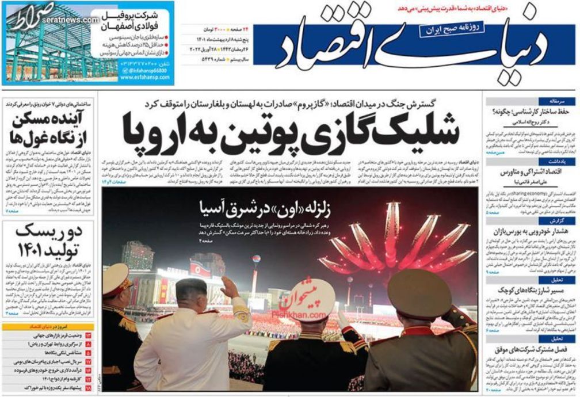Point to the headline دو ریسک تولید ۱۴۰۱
click(49, 242)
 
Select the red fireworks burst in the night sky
click(397, 242)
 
